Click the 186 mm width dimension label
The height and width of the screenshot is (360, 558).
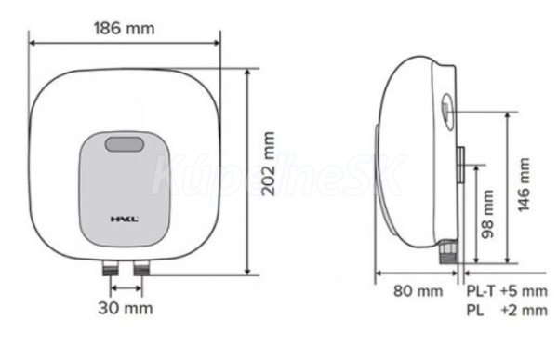125,29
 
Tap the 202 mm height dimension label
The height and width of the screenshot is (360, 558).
269,164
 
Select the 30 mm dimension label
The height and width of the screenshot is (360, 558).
126,308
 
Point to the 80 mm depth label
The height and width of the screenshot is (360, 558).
418,291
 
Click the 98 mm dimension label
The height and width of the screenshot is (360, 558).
487,214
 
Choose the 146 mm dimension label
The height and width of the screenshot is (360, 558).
524,184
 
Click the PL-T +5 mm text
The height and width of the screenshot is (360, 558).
507,291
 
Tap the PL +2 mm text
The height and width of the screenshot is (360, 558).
507,310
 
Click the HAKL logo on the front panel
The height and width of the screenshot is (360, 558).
125,219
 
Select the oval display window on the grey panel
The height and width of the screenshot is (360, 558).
125,144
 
